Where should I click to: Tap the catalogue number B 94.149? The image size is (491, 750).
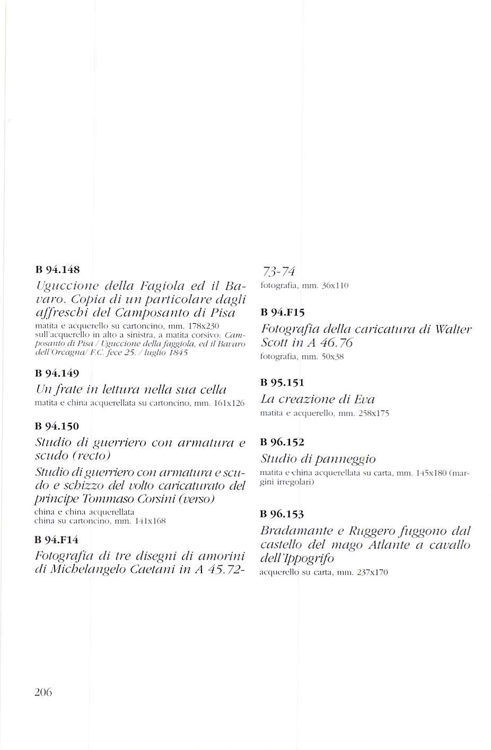56,374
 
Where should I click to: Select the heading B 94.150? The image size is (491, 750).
56,426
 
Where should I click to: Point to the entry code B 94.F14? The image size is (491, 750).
56,540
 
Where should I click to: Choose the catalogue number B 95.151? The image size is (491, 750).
283,382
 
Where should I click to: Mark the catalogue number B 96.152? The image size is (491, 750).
283,442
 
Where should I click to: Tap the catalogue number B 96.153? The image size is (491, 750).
283,514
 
